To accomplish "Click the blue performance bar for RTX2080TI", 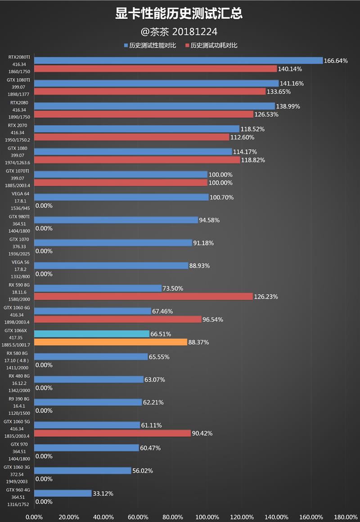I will click(x=178, y=60).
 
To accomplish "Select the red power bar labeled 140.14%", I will click(x=155, y=69).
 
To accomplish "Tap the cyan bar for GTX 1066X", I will click(x=92, y=334).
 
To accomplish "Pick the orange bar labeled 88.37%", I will click(x=111, y=342).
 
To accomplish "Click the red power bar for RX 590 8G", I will click(x=144, y=296).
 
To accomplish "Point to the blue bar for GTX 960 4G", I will click(x=63, y=493).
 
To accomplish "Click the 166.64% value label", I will click(x=336, y=61).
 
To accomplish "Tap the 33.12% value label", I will click(x=103, y=494).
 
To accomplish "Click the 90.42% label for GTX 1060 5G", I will click(x=202, y=434).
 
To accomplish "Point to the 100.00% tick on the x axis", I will click(x=207, y=517).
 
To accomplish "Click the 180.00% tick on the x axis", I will click(x=346, y=517).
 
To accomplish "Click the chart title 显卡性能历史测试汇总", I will click(x=179, y=14).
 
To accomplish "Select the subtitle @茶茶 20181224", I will click(x=179, y=32).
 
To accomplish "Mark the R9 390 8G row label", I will click(x=18, y=399).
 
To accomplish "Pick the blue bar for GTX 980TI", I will click(x=116, y=220).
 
